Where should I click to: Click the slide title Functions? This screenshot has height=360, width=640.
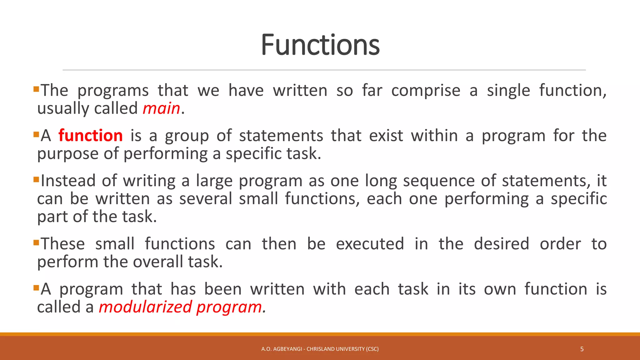pos(320,45)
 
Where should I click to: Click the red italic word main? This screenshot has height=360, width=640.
pos(161,109)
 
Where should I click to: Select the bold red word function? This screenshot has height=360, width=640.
pos(91,136)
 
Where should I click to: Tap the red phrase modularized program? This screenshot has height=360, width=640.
pos(181,307)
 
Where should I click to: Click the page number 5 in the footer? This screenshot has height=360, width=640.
pos(582,349)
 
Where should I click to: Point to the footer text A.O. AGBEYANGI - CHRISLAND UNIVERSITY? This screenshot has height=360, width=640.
pos(320,349)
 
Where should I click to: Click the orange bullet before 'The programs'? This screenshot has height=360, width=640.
pos(36,89)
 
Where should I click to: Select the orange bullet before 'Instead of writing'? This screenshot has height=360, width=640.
pos(36,179)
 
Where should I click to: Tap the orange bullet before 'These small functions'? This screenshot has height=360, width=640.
pos(36,242)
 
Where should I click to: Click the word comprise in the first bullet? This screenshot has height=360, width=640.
pos(426,91)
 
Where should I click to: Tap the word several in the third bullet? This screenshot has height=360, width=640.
pos(205,199)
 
